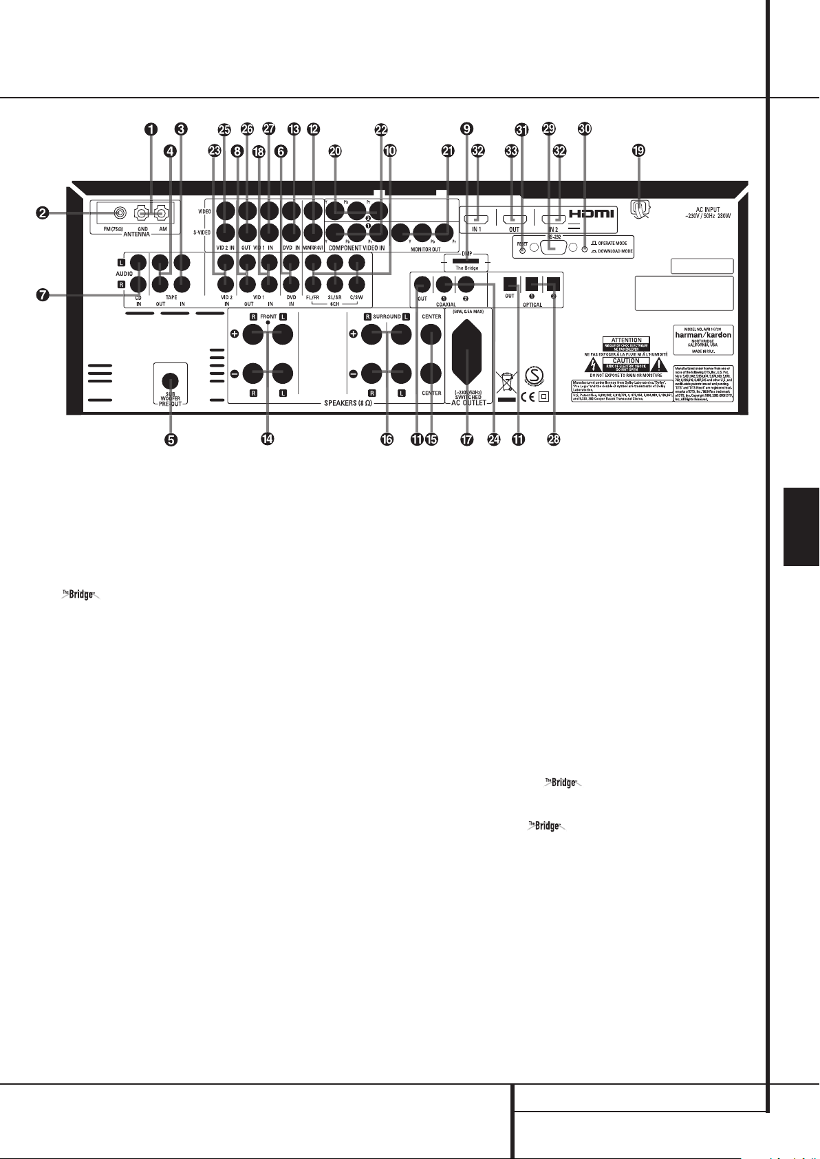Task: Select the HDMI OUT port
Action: pyautogui.click(x=513, y=220)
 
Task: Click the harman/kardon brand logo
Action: pyautogui.click(x=703, y=336)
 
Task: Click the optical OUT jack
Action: pyautogui.click(x=510, y=283)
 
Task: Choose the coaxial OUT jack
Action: pyautogui.click(x=422, y=283)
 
